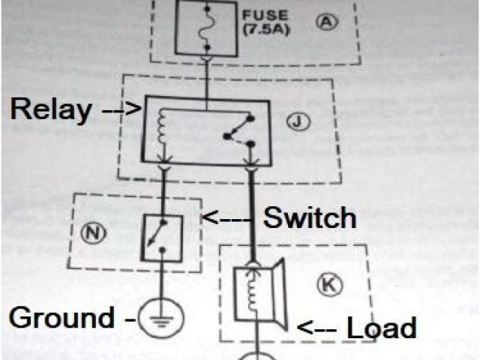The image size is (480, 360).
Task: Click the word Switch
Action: coord(309,218)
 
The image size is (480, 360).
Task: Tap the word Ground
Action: coord(61,318)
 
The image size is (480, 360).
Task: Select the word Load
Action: coord(380,328)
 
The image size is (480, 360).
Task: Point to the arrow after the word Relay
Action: coord(120,110)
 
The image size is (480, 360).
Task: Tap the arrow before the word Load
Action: coord(319,328)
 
